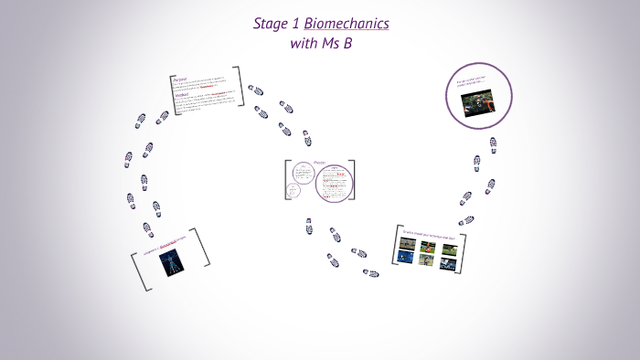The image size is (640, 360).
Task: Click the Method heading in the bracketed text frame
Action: pyautogui.click(x=180, y=93)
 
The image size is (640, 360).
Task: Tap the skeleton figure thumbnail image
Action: pyautogui.click(x=170, y=263)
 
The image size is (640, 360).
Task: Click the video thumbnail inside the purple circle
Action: pyautogui.click(x=479, y=101)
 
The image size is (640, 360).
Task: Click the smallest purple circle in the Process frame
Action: pyautogui.click(x=293, y=190)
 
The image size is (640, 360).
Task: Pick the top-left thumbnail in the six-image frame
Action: pyautogui.click(x=403, y=246)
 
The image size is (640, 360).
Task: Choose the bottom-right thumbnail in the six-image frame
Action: pyautogui.click(x=447, y=263)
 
